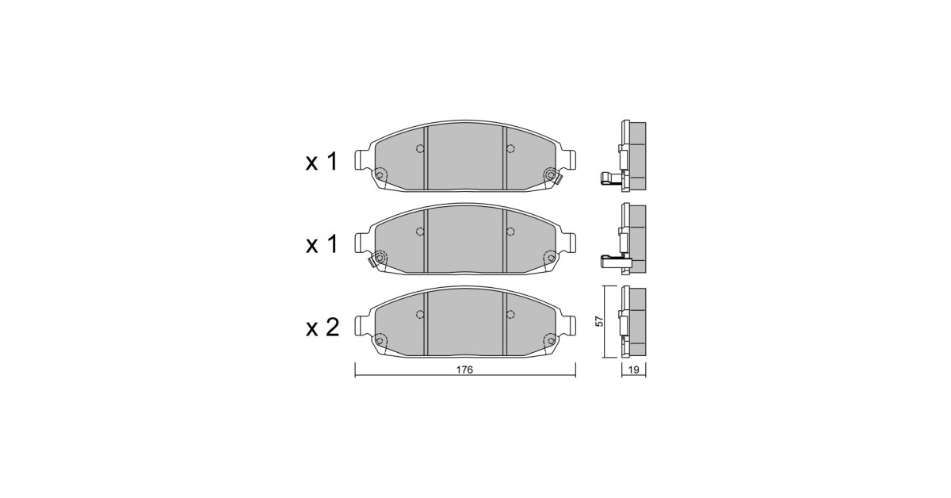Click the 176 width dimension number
(464, 370)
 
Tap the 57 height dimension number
(598, 321)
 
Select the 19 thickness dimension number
(633, 370)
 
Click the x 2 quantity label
(323, 328)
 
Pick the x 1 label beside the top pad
(322, 162)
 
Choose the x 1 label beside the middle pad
(322, 245)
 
